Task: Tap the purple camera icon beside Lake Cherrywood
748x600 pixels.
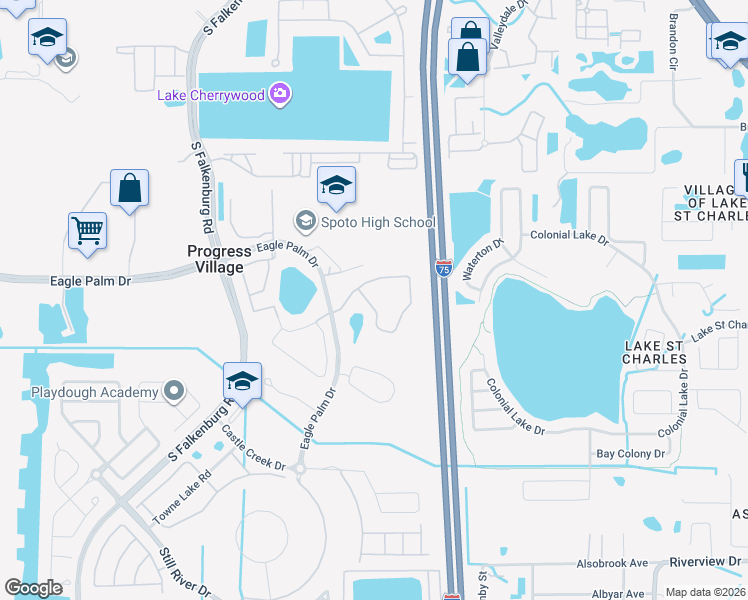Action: point(281,95)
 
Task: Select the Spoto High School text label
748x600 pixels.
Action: point(377,222)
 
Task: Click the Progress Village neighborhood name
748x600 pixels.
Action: point(216,259)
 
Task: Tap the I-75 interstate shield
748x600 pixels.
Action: point(443,268)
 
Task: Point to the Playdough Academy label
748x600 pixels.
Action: point(94,392)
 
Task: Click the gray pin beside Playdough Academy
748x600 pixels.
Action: point(175,391)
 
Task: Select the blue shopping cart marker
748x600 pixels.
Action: point(87,231)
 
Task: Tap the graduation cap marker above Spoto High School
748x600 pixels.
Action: point(337,184)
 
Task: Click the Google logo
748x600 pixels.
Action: point(33,588)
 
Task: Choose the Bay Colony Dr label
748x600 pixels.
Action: point(630,454)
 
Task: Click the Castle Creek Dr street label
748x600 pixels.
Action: point(253,450)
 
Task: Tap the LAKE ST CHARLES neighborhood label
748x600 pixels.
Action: point(654,352)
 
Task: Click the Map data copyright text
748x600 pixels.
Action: point(705,592)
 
